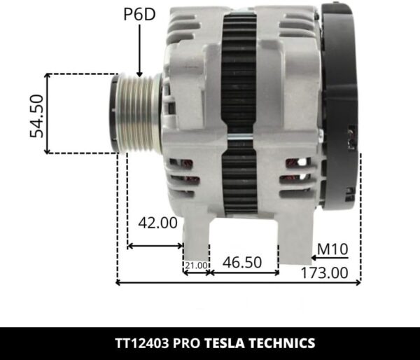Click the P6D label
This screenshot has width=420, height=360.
140,15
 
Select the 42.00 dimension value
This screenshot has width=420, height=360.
157,223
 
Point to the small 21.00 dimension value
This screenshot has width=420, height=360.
196,265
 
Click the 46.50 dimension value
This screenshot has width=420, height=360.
241,263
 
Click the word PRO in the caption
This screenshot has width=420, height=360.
188,344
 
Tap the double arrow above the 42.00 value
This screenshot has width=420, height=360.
155,245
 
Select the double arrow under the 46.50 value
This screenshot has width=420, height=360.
244,273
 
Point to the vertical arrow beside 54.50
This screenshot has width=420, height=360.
48,113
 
